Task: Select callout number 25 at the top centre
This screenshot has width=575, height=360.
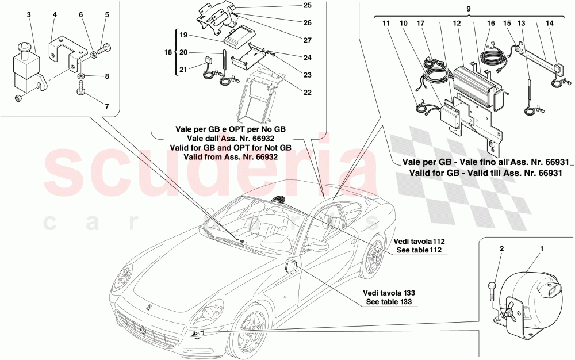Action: pos(308,6)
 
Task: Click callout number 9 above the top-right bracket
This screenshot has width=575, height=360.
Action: pos(468,10)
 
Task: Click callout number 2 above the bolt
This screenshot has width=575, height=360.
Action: pos(501,249)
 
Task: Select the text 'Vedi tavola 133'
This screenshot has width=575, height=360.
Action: pos(388,292)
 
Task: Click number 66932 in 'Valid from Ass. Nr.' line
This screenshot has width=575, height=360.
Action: pos(264,156)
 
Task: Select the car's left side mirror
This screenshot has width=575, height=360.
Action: pos(315,246)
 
